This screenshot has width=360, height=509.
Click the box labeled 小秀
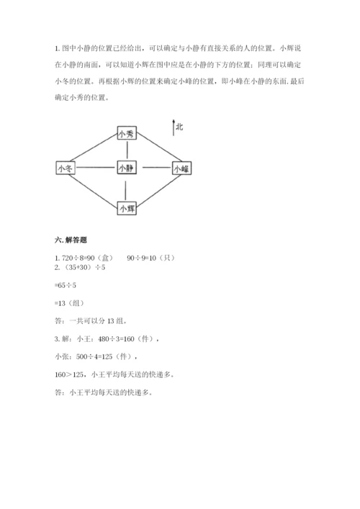[127, 133]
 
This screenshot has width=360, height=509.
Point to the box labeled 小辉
[127, 208]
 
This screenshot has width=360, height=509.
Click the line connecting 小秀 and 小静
[127, 150]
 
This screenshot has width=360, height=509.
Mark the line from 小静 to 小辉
[127, 188]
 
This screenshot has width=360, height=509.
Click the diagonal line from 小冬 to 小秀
[94, 149]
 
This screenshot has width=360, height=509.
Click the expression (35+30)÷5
[83, 267]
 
